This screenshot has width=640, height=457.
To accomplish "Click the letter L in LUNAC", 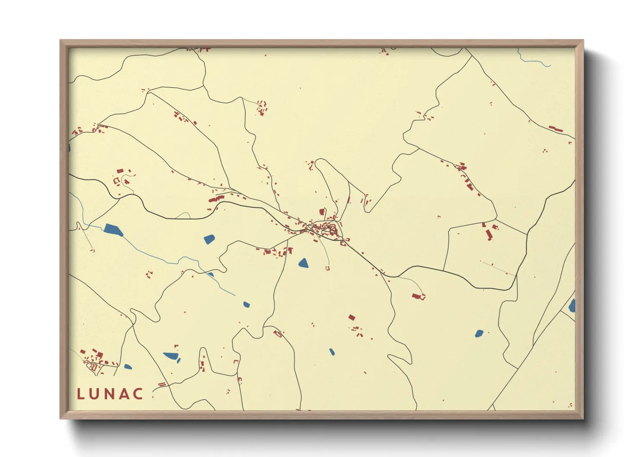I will [80, 394].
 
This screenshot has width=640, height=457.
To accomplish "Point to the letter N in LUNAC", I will [109, 394].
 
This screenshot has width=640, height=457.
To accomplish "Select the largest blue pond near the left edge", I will [113, 230].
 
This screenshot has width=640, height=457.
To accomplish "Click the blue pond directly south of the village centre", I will [304, 263].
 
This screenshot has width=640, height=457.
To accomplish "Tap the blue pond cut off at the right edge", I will [572, 306].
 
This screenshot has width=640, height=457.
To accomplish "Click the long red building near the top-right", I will [556, 129].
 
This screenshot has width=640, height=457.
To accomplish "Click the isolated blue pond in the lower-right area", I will [479, 333].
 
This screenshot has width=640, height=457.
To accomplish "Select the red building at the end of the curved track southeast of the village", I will [418, 296].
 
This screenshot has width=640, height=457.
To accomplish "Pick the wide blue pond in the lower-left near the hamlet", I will [171, 356].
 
